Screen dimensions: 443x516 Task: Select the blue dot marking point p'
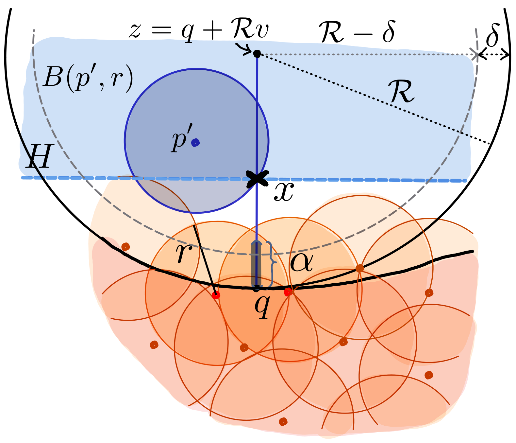pyautogui.click(x=195, y=143)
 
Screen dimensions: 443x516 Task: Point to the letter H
pyautogui.click(x=40, y=157)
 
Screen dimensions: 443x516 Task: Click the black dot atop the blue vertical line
pyautogui.click(x=257, y=54)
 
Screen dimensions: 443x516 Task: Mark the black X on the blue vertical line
pyautogui.click(x=257, y=178)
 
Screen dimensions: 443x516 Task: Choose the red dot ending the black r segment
pyautogui.click(x=216, y=295)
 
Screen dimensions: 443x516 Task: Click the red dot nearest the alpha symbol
pyautogui.click(x=288, y=292)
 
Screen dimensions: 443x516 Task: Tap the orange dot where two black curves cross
pyautogui.click(x=359, y=268)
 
